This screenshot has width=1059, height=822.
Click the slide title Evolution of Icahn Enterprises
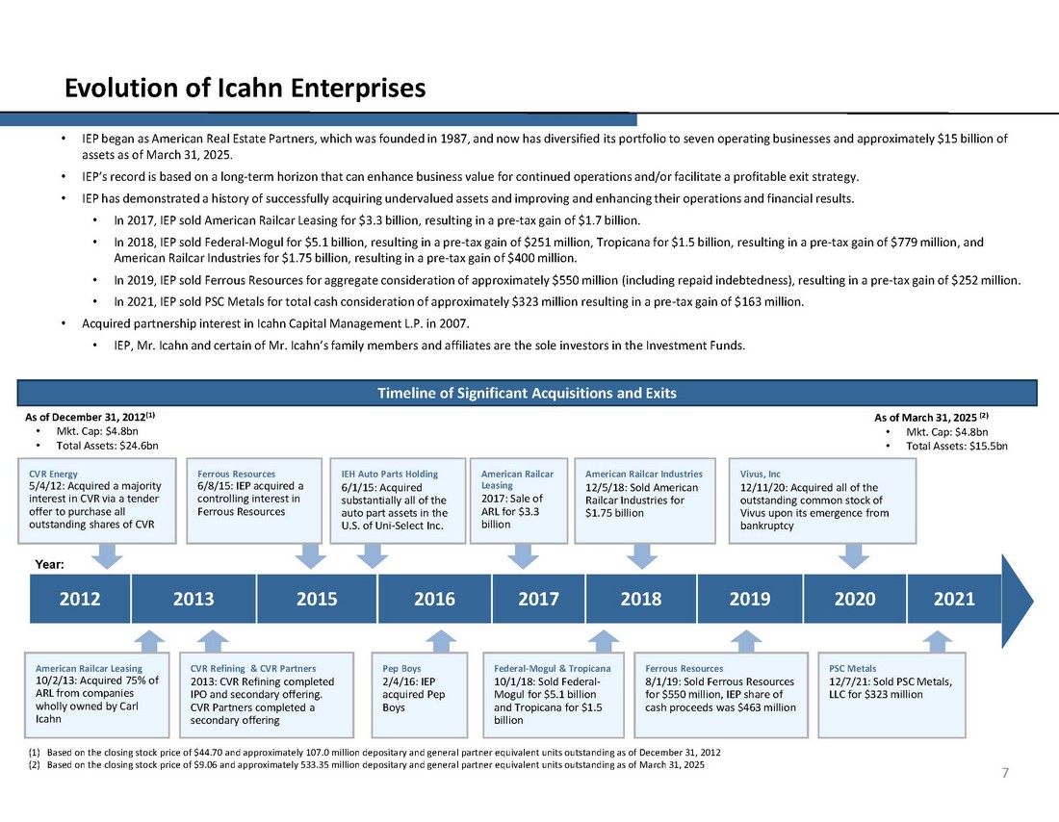pos(245,89)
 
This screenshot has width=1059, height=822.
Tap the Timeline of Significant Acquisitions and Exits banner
pos(528,393)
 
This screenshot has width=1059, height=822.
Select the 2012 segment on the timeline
pos(80,599)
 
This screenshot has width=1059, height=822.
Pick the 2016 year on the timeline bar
pos(434,599)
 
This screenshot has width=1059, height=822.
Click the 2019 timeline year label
pos(750,599)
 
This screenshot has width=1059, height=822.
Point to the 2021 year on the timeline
pos(954,599)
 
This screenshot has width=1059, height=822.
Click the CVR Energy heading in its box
pos(54,474)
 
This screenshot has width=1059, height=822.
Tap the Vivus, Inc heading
pos(761,474)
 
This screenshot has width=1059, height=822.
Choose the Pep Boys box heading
pos(402,668)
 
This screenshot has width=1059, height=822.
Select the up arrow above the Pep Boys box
pos(440,641)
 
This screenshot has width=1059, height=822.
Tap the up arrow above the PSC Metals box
pos(938,641)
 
